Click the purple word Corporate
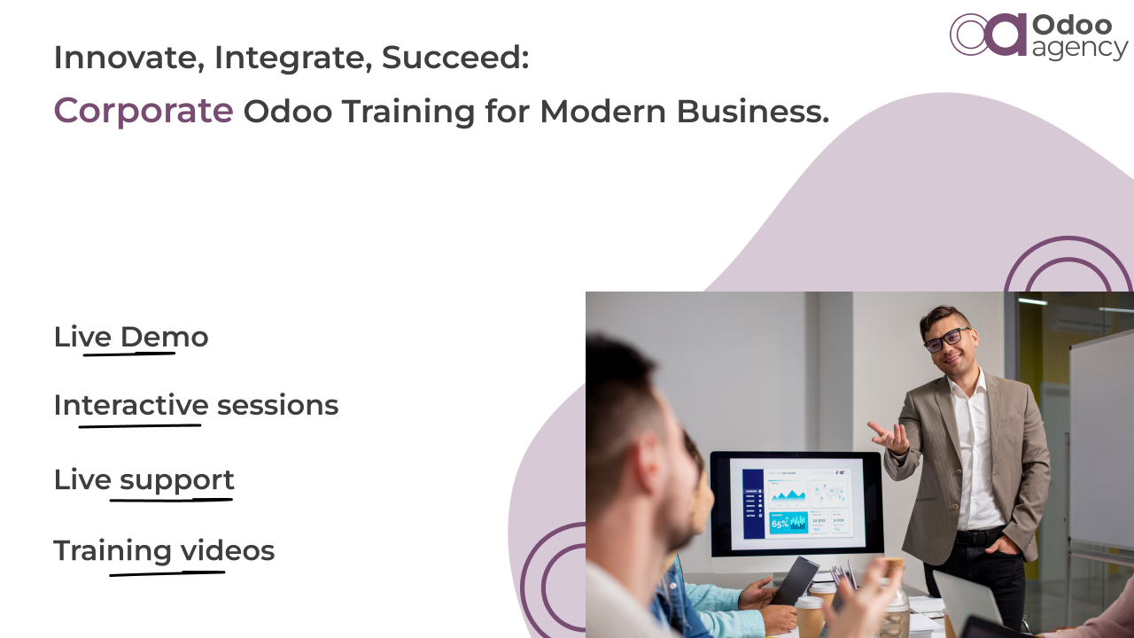tap(144, 111)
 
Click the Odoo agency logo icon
tap(988, 35)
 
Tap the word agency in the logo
tap(1079, 49)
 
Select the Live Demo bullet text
tap(131, 337)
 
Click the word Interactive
tap(131, 405)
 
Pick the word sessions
tap(277, 405)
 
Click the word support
tap(177, 479)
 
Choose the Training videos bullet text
tap(164, 550)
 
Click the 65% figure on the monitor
tap(780, 524)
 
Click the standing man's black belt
tap(979, 536)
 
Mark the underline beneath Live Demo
tap(129, 354)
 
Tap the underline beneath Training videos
tap(167, 573)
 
